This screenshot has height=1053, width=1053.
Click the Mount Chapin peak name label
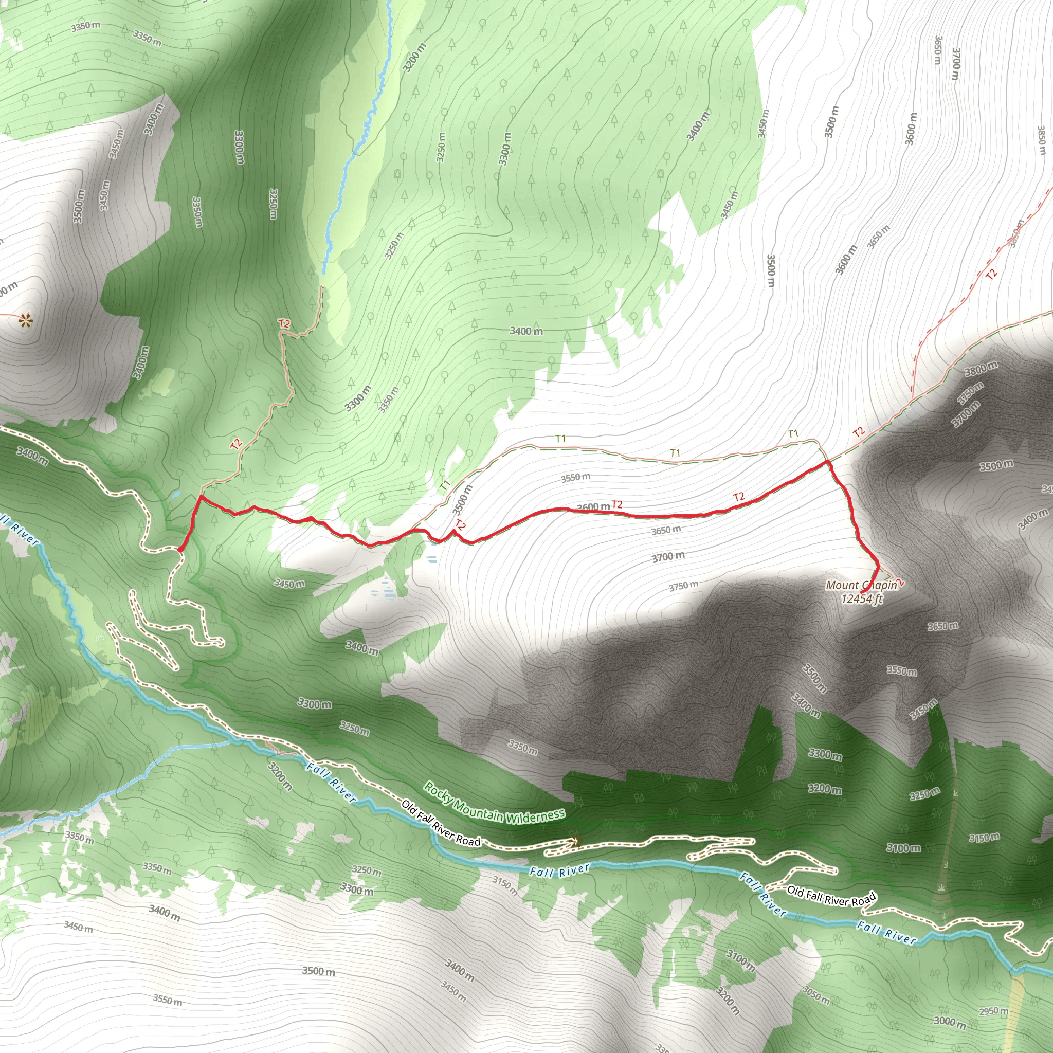861,585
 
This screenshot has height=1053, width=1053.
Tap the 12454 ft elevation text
861,599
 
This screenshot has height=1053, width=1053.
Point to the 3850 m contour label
1041,140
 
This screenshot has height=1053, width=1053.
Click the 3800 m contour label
981,369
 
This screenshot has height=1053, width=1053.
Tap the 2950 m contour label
993,1011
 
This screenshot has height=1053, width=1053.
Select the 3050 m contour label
816,995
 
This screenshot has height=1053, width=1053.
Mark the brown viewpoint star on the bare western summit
24,320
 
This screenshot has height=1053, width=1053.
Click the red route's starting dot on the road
180,549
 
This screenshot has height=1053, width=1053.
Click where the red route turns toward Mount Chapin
828,463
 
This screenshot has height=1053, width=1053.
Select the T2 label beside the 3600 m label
616,505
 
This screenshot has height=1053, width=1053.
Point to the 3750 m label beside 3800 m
971,390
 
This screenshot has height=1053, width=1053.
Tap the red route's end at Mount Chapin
862,592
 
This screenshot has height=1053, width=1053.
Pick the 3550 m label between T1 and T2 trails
575,478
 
